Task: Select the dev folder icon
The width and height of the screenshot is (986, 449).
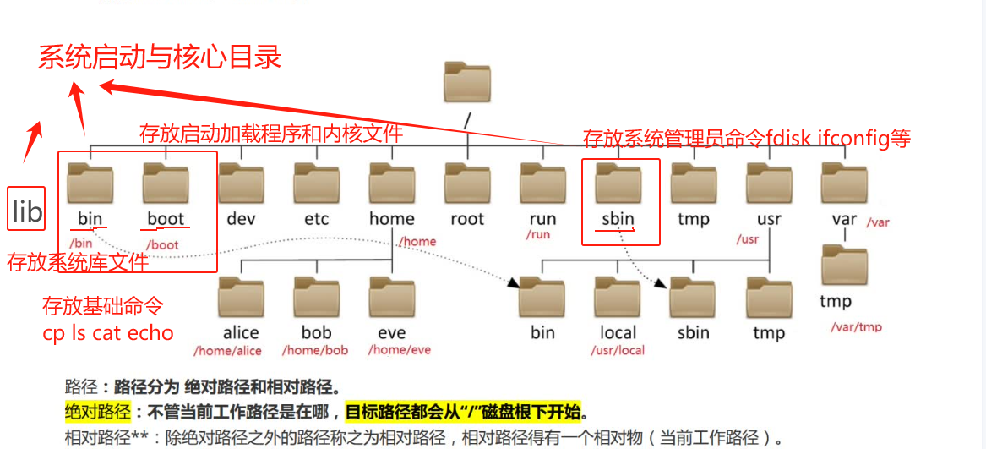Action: (242, 183)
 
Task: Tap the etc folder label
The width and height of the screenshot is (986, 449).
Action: (317, 219)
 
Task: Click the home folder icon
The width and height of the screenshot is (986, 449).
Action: (392, 183)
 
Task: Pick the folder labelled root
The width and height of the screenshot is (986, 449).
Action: (467, 183)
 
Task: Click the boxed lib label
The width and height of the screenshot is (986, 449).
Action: (26, 210)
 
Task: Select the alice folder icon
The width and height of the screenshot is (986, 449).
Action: (241, 296)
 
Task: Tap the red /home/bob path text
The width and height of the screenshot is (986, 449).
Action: (315, 350)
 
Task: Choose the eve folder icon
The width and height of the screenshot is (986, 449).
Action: (391, 296)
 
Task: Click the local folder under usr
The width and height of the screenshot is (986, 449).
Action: (618, 296)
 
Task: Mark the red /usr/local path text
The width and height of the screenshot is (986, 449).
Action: (618, 350)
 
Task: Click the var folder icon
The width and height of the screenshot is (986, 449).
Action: (844, 183)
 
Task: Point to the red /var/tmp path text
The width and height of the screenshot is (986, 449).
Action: (855, 327)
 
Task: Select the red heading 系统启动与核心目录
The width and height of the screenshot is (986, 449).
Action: (160, 57)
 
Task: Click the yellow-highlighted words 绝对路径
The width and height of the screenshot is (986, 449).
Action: (97, 413)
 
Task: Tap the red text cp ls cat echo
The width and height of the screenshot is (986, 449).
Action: (108, 332)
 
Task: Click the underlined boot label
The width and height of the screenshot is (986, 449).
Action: (166, 219)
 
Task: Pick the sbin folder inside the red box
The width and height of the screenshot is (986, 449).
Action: (618, 183)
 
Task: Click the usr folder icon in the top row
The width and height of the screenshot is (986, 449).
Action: (769, 183)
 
